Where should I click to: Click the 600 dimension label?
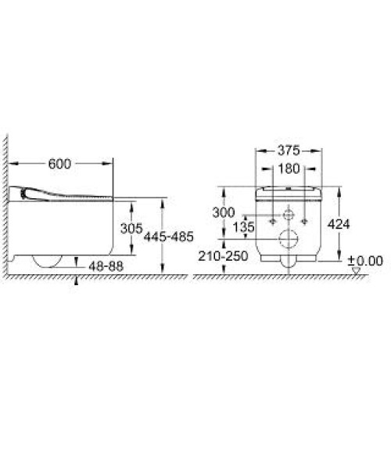tap(59, 164)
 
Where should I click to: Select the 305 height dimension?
tap(131, 229)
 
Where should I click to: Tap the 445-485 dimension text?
tap(169, 237)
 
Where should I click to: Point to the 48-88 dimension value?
tap(106, 266)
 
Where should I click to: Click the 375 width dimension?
tap(289, 150)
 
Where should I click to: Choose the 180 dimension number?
tap(289, 168)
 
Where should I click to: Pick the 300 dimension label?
tap(224, 212)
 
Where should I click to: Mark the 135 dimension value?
tap(243, 227)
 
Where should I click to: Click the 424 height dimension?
tap(339, 224)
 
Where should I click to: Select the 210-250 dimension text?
tap(223, 256)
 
